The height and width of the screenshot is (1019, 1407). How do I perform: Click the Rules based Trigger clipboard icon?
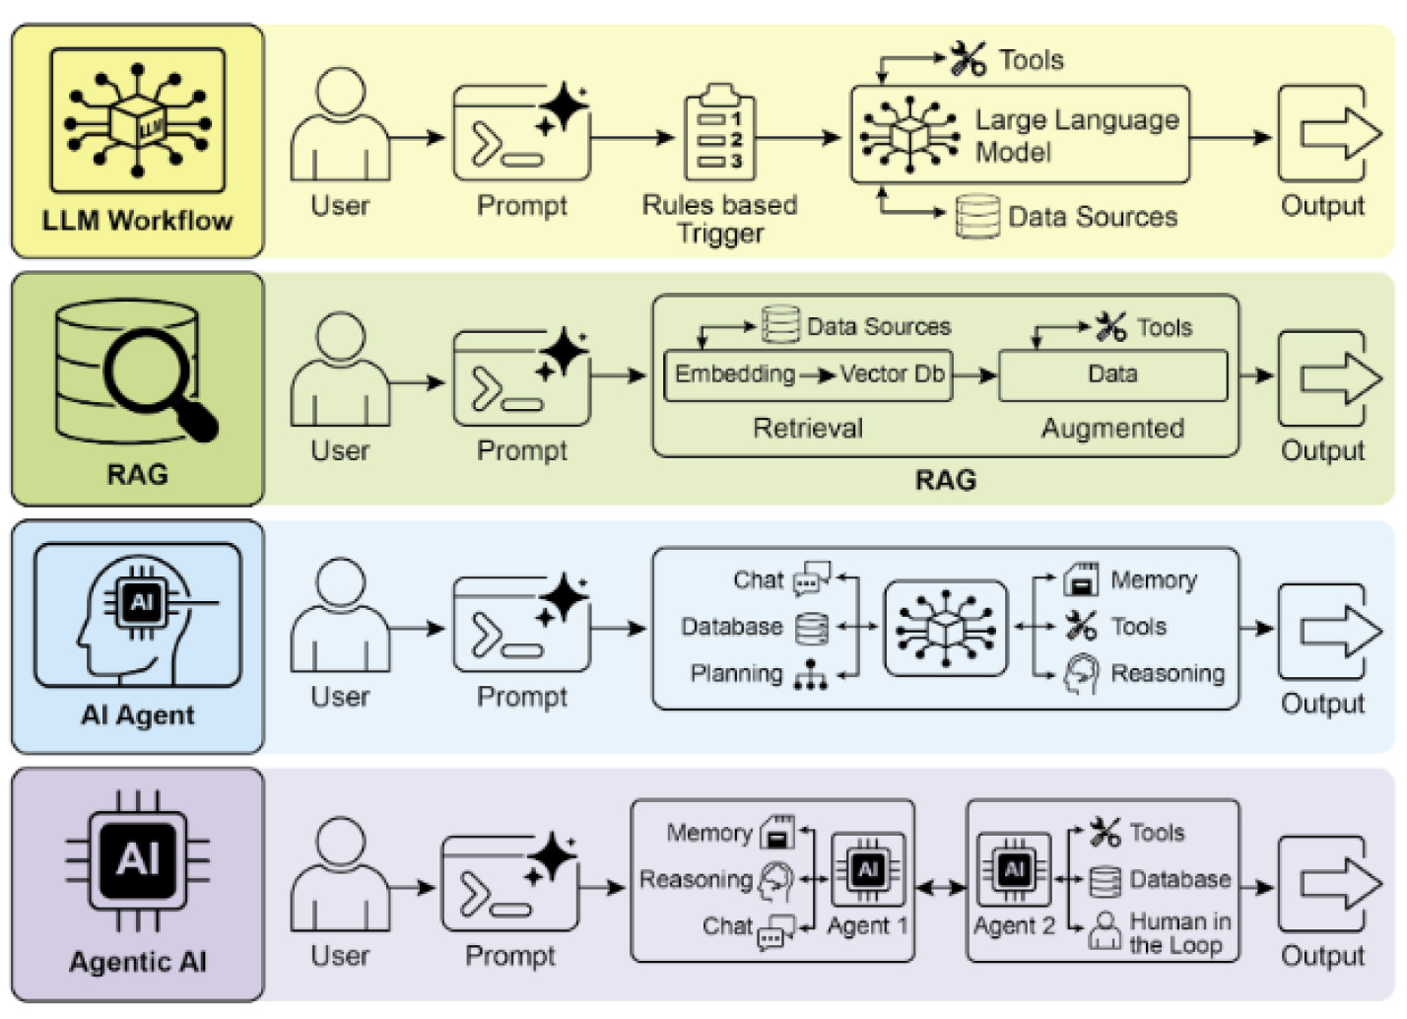pos(720,132)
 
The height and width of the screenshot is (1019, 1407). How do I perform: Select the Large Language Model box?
pos(1020,135)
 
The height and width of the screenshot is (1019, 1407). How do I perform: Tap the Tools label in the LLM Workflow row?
pos(1032,60)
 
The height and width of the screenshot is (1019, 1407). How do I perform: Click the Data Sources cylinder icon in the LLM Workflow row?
pos(978,217)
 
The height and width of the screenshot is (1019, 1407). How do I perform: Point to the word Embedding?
pos(735,374)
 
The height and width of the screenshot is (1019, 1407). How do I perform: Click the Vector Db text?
pos(892,374)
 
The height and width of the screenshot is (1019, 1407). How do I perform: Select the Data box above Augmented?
pos(1113,375)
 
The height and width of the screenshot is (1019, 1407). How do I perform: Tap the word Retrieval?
pos(808,429)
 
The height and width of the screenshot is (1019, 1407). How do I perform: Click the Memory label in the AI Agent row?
pos(1154,579)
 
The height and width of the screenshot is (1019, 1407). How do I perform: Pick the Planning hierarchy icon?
pos(810,675)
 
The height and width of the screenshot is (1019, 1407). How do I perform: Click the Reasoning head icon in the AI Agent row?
pos(1081,674)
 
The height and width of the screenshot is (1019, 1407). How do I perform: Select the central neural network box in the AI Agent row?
pos(945,628)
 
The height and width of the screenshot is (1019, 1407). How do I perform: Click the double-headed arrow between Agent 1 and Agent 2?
pos(940,888)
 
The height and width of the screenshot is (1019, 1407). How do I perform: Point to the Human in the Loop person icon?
pos(1105,930)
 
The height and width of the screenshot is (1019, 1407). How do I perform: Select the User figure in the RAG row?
pos(341,369)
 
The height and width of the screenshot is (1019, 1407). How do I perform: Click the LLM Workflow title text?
pos(137,221)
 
